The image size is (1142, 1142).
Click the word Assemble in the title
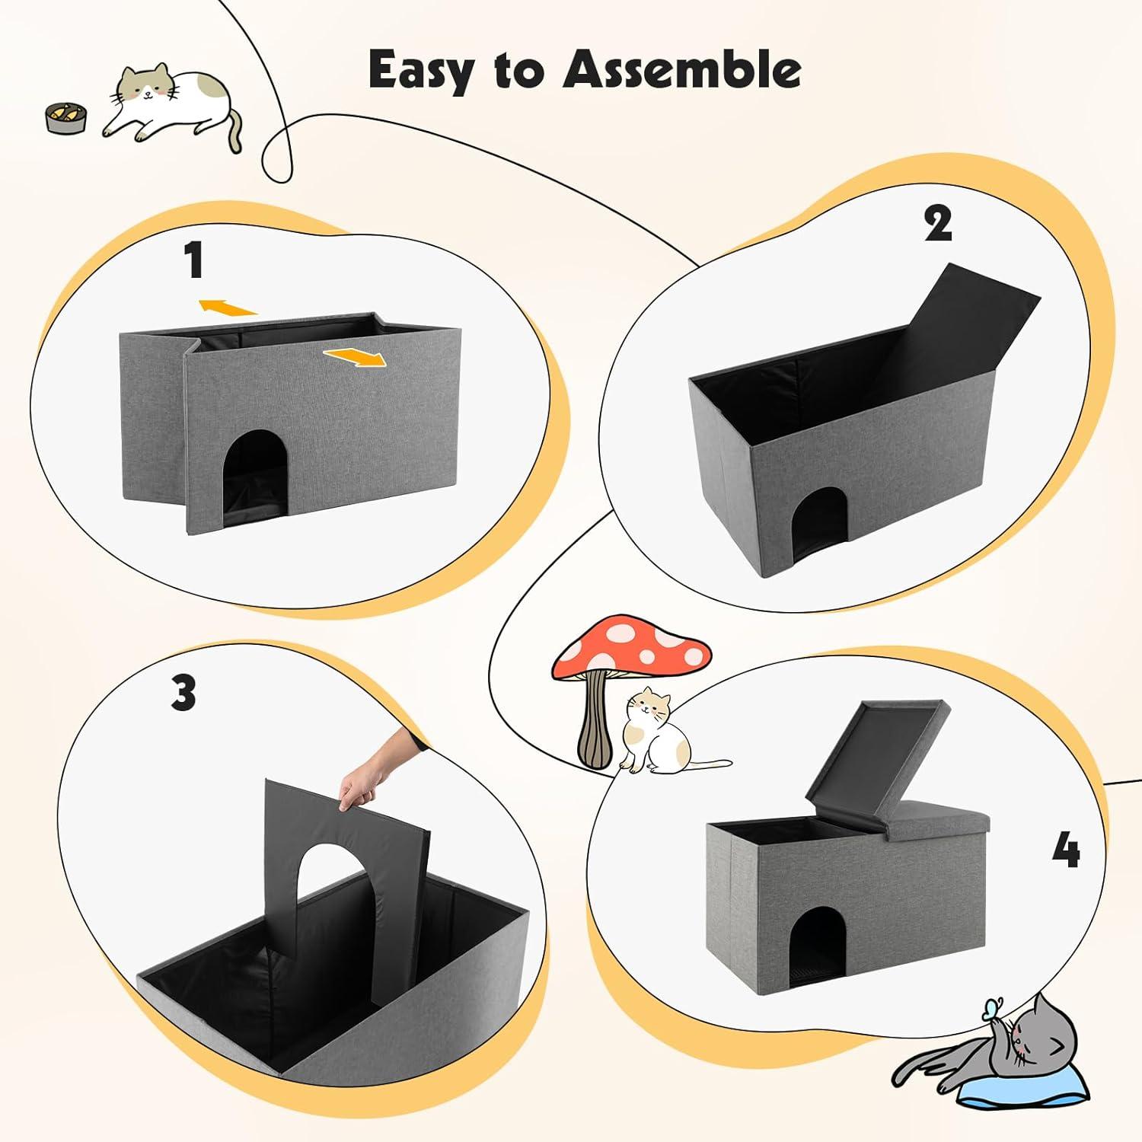click(681, 70)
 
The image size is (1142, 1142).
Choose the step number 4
click(1066, 850)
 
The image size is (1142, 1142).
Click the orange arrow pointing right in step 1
click(355, 356)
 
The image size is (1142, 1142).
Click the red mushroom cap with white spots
click(632, 651)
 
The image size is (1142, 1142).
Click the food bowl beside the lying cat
click(66, 118)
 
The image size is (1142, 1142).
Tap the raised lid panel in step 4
click(876, 761)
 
